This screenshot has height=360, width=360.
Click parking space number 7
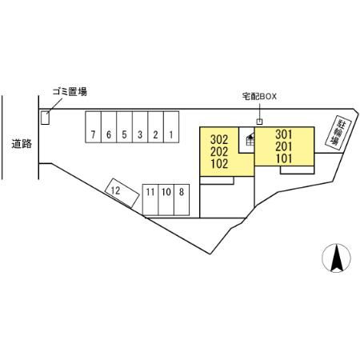click(x=93, y=127)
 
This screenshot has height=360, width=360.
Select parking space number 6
click(x=109, y=127)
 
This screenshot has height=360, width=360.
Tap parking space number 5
click(x=124, y=127)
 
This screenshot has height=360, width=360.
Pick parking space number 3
click(x=140, y=127)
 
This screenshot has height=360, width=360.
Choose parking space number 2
click(x=155, y=127)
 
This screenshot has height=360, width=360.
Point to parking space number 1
click(x=171, y=127)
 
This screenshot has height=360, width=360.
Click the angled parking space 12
click(x=122, y=193)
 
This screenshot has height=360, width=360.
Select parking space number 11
click(x=150, y=200)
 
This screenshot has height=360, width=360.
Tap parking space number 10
click(x=166, y=200)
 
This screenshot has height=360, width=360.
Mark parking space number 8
click(x=182, y=200)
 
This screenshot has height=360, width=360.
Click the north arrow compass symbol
click(x=336, y=258)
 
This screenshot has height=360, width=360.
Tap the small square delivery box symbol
click(x=259, y=122)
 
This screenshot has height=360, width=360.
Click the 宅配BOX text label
click(x=259, y=96)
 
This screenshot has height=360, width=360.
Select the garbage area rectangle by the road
click(x=45, y=118)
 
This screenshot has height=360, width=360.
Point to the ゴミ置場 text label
click(x=70, y=91)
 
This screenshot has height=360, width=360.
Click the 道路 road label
click(x=22, y=144)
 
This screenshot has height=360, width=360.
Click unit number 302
click(x=219, y=139)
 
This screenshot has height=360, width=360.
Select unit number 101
click(x=284, y=158)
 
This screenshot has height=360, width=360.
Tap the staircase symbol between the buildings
click(x=250, y=140)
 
